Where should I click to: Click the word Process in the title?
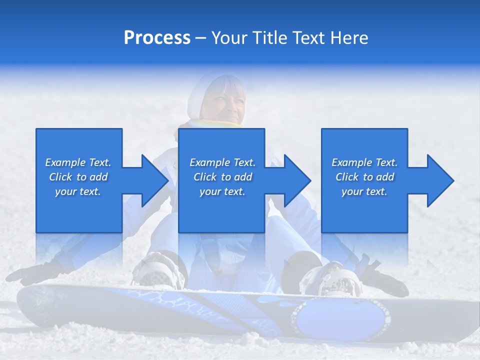pos(157,38)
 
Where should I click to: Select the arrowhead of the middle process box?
pos(296,180)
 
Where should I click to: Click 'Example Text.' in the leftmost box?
pos(78,162)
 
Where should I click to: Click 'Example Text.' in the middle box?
pos(222,162)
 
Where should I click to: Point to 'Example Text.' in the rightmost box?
pos(364,162)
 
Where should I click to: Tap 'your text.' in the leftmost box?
pos(78,191)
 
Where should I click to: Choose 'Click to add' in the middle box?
pos(222,177)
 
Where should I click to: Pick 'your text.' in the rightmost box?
pos(364,191)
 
